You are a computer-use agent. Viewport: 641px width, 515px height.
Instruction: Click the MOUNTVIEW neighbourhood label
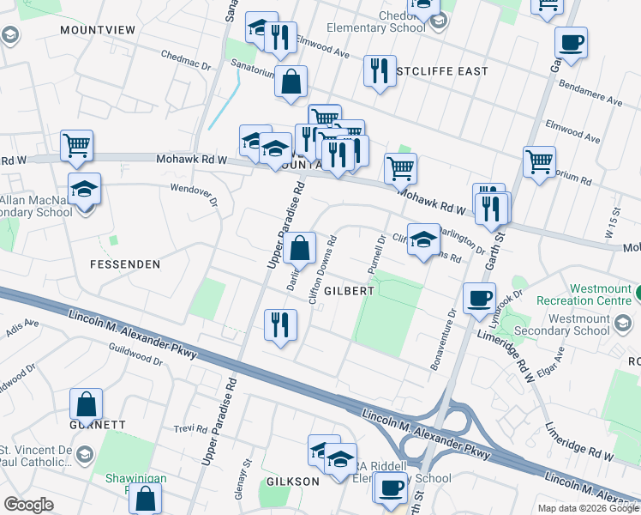point(98,29)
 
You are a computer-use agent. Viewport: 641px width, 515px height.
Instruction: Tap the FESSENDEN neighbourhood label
point(124,264)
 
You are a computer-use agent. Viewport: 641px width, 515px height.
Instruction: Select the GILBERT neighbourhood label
point(349,291)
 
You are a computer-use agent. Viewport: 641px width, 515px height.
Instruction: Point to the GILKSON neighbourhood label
point(292,482)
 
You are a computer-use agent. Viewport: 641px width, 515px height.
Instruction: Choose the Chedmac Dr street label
point(186,59)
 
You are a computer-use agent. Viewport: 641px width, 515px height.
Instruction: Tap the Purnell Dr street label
point(374,251)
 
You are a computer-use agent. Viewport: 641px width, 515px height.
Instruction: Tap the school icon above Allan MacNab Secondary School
point(85,189)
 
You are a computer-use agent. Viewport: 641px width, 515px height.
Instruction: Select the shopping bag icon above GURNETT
point(86,403)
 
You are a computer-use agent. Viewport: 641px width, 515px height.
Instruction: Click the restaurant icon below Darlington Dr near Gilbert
point(280,324)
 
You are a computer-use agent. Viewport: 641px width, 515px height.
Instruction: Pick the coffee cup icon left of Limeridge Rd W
point(479,298)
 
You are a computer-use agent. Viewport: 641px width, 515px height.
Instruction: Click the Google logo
point(28,504)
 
